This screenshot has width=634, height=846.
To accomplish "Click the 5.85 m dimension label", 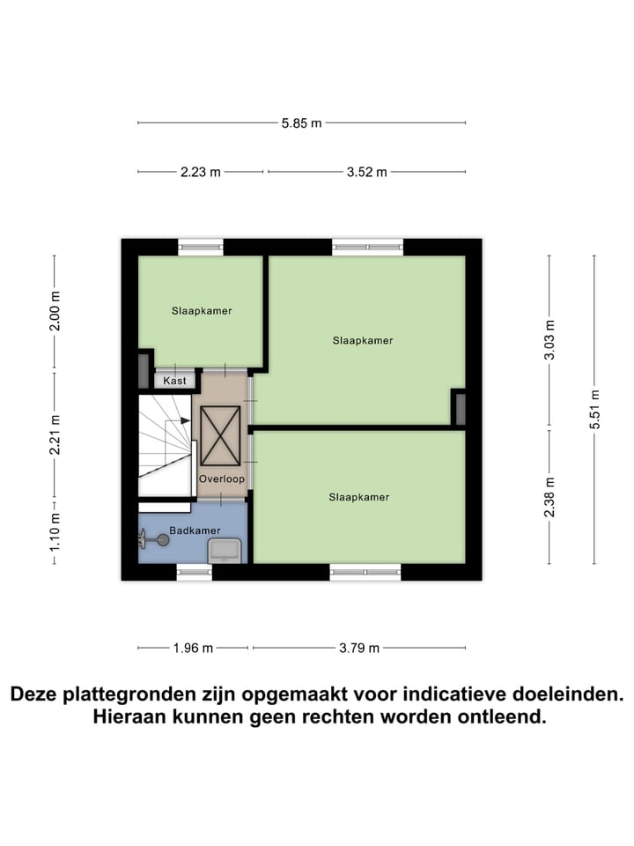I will coord(301,123).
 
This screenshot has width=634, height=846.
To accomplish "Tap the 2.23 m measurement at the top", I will coord(200,172).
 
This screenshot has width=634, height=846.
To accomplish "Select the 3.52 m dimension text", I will coord(366,172).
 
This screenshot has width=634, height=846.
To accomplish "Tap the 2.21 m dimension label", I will coord(55,434).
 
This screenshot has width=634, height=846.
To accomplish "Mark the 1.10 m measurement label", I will coord(55,532).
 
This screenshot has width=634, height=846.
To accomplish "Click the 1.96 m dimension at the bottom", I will coord(194,648).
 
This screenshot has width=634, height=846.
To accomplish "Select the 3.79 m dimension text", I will coord(359,648).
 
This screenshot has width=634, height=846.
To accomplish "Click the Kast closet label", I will coord(174,381).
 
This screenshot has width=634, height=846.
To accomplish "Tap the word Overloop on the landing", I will coord(221,479).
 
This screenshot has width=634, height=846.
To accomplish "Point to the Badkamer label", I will coord(196,531).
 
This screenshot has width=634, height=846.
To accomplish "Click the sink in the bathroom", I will coord(225,551).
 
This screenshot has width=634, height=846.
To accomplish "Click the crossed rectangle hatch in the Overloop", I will coord(220,435).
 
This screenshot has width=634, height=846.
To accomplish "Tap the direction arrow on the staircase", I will coord(185,421).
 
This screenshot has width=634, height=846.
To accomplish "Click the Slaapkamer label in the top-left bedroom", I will coord(202,310).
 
